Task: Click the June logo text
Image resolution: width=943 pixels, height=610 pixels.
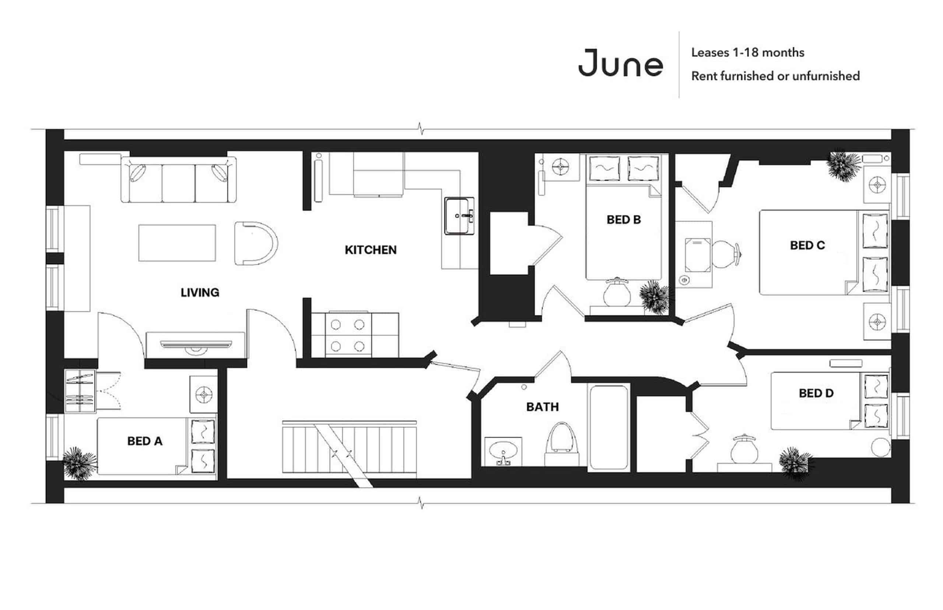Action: pos(620,63)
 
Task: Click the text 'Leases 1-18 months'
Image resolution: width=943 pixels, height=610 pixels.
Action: pos(747,53)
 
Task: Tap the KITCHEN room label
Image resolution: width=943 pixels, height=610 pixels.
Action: pos(371,250)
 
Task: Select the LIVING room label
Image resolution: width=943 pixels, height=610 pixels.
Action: pos(200,292)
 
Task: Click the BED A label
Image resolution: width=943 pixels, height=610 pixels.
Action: pos(145,441)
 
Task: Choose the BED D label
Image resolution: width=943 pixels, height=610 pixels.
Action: pos(816,393)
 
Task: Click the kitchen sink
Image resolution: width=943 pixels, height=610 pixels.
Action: pos(459,216)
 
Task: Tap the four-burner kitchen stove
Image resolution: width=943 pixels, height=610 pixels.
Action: pos(347,335)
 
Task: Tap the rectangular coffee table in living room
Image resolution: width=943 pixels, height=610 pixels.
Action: pos(177,243)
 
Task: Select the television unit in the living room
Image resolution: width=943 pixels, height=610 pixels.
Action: pos(196,344)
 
